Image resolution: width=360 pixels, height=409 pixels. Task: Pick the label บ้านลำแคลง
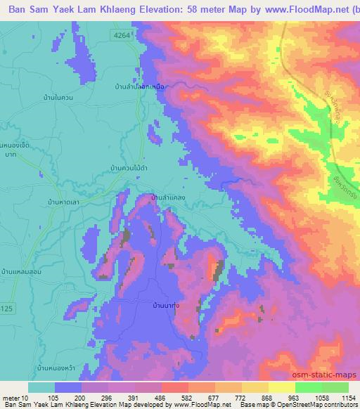pyautogui.click(x=168, y=197)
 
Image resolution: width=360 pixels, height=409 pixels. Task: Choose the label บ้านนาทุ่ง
pyautogui.click(x=169, y=306)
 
